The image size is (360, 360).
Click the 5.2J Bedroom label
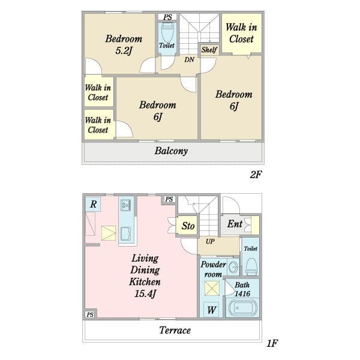(x=124, y=44)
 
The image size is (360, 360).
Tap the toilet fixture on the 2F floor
(x=168, y=32)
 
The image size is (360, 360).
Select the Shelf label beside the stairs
(x=209, y=50)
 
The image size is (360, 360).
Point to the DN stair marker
(x=190, y=59)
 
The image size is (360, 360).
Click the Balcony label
(x=171, y=151)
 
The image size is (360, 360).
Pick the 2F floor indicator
(x=256, y=175)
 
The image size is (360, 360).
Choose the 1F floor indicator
(x=272, y=343)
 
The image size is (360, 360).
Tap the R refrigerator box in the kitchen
(x=93, y=204)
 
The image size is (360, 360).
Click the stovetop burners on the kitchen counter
(x=126, y=205)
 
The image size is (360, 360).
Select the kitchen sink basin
(x=125, y=234)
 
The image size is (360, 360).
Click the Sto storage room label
(x=188, y=226)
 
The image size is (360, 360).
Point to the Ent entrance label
(x=235, y=224)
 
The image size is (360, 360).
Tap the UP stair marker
(x=210, y=241)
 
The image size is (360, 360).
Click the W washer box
(x=211, y=310)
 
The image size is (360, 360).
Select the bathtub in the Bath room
(x=242, y=308)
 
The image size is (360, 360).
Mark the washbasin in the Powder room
(x=233, y=267)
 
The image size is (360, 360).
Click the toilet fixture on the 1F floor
(x=251, y=266)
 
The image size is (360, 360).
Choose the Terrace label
(x=175, y=330)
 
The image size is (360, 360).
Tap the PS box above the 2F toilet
(x=167, y=17)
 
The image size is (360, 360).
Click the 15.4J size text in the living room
(x=145, y=293)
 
